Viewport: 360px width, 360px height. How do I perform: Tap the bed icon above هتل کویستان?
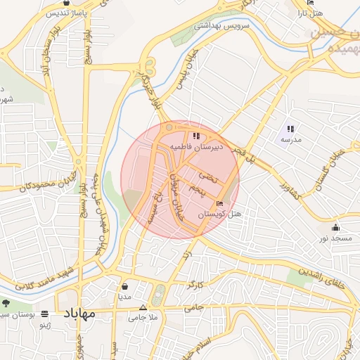click(221, 203)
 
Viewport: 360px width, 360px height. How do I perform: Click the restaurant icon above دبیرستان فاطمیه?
click(195, 136)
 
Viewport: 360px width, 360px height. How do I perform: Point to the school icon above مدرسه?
click(290, 129)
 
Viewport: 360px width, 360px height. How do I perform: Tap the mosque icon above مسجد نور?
click(336, 227)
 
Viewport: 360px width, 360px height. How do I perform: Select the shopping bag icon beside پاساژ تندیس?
click(66, 3)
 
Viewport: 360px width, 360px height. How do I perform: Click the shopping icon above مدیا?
click(125, 287)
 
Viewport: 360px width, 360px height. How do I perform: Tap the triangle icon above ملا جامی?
click(143, 307)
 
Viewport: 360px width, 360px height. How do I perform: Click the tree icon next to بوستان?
click(6, 303)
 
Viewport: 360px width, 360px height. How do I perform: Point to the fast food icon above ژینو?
click(46, 314)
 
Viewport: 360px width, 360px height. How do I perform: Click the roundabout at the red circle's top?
click(169, 127)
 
